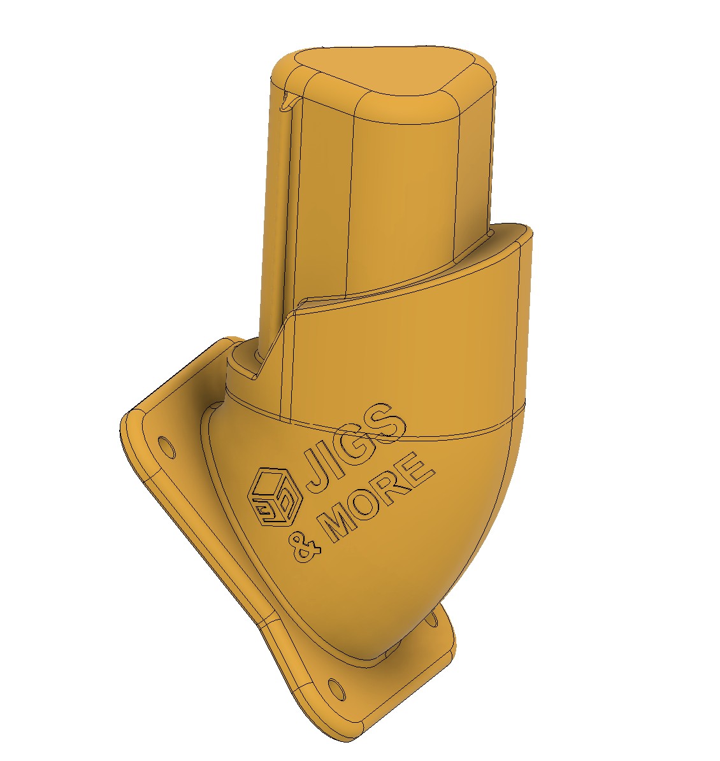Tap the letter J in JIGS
coord(315,466)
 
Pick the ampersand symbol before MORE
coord(305,548)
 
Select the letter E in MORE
coord(418,468)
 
